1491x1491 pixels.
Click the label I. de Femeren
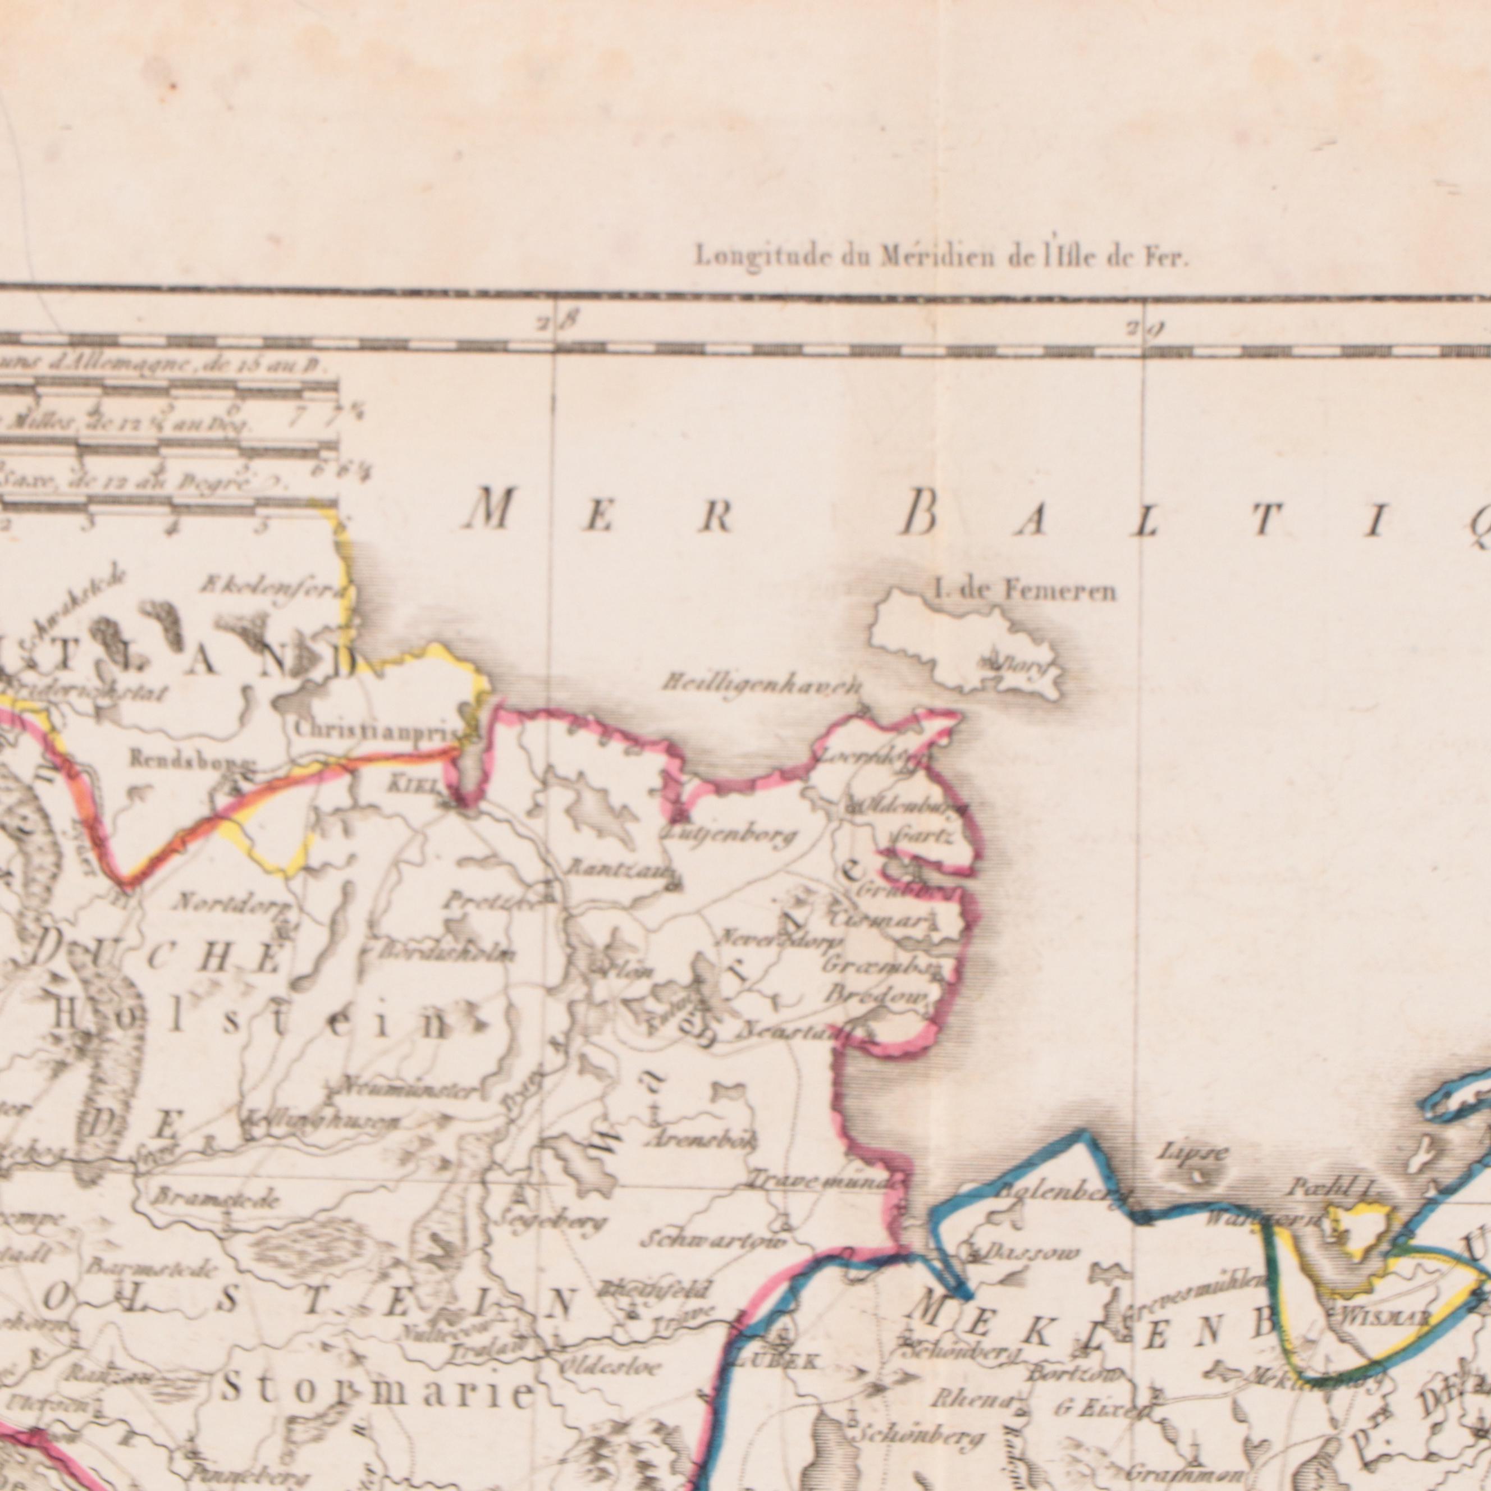(1024, 592)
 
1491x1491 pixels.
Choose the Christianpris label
(376, 729)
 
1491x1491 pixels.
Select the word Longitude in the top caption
(745, 256)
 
